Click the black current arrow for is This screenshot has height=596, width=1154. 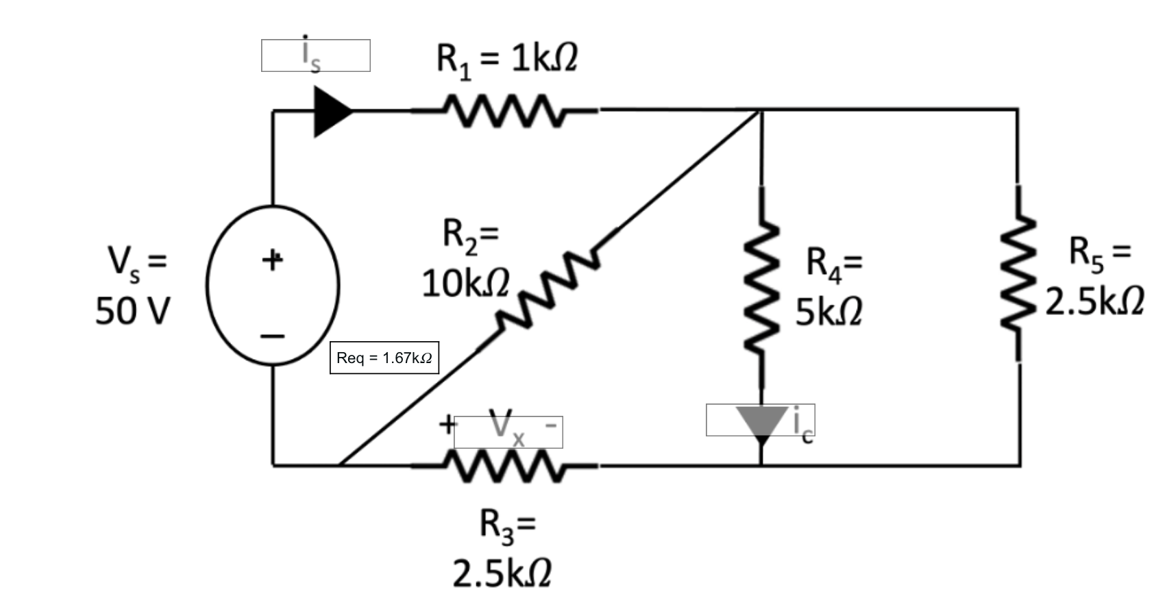(x=331, y=111)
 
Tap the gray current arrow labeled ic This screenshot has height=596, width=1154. (x=761, y=421)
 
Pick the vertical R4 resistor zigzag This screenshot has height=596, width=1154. (x=761, y=288)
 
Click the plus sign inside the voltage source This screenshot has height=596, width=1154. (x=272, y=260)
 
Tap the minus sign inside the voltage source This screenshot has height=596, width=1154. (x=272, y=336)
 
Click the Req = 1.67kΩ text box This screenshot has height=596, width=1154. (x=384, y=358)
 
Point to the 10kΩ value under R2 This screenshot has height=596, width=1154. (x=466, y=284)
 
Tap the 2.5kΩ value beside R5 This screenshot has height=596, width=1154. (x=1094, y=301)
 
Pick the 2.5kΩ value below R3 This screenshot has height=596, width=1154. (x=502, y=573)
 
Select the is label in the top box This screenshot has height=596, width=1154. (x=310, y=55)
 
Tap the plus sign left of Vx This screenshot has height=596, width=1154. (x=447, y=423)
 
